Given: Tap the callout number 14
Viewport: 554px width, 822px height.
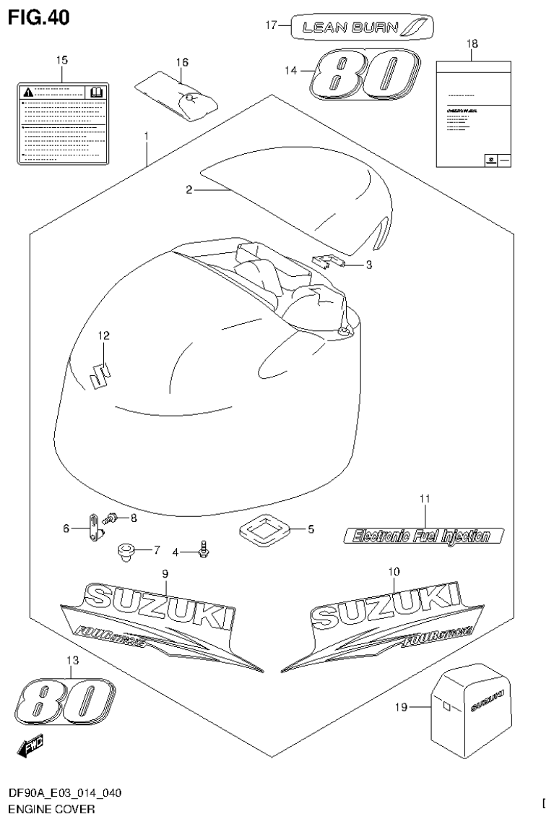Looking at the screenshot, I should click(291, 70).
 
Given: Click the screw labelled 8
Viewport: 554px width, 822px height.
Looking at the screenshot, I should click(111, 518).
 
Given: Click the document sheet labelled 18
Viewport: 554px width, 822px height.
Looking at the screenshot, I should click(472, 114).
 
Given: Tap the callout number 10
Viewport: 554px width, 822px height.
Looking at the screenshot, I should click(394, 571).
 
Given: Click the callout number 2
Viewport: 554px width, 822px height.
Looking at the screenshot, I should click(189, 190).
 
